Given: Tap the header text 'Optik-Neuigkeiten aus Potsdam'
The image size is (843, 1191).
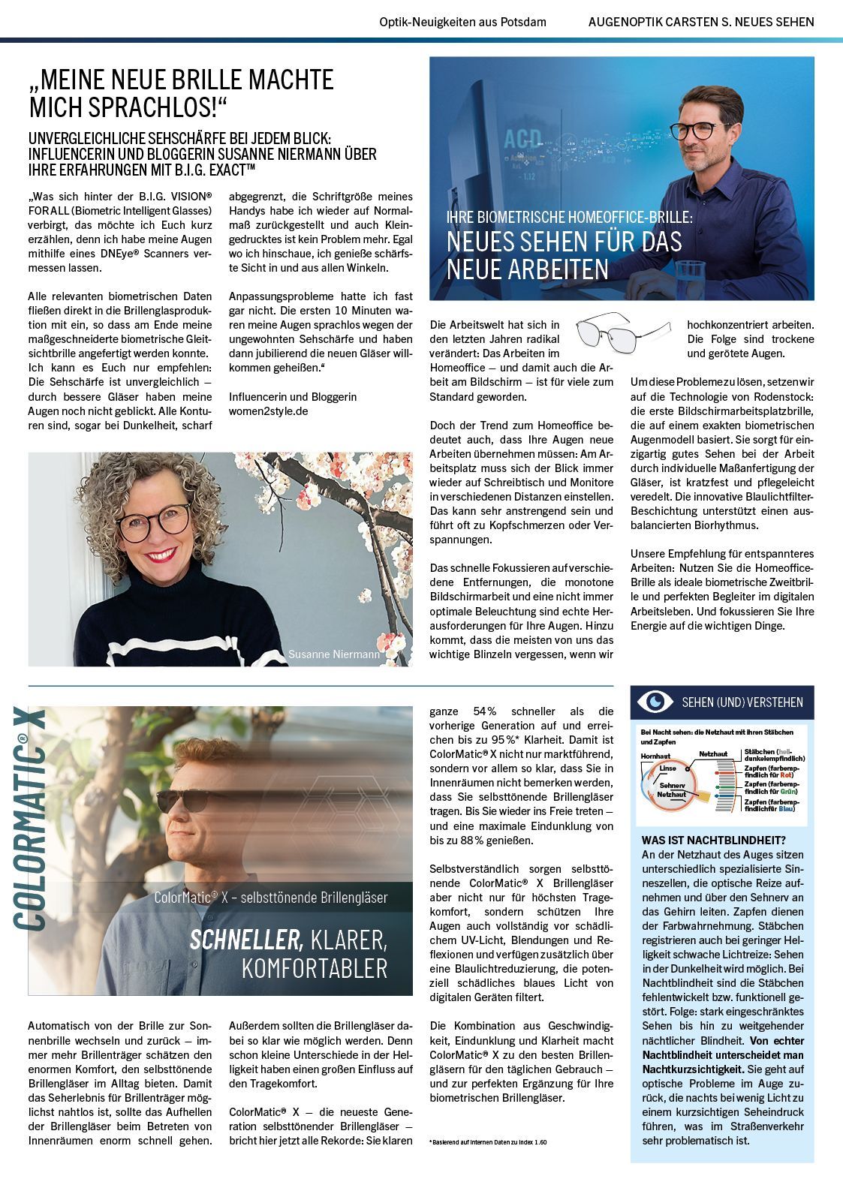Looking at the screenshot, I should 462,22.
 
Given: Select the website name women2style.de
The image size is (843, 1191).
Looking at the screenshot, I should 268,411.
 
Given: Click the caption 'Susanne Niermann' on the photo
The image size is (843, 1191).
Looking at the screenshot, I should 333,654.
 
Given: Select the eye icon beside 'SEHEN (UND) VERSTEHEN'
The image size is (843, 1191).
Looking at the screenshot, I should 655,702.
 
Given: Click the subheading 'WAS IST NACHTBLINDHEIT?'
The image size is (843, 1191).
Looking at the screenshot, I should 713,840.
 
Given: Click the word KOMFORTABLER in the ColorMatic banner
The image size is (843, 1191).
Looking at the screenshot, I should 315,968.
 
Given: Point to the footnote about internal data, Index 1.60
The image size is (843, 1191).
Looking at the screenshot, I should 488,1141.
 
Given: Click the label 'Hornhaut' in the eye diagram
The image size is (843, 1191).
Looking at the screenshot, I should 655,756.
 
